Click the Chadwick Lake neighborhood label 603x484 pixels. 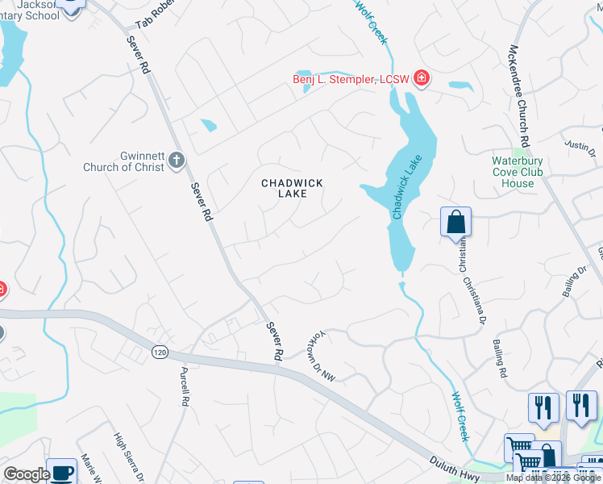coord(292,190)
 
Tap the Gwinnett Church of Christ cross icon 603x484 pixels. coord(177,161)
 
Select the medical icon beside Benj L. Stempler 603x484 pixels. coord(421,78)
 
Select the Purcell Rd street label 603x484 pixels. coord(185,387)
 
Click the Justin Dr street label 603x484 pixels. coord(579,145)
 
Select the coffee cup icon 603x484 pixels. coord(61,472)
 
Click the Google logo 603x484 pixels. coord(26,475)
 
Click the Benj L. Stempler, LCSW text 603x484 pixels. coord(351,79)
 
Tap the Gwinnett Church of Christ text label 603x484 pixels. coord(125,161)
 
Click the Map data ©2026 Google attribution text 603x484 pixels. coord(553,478)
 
